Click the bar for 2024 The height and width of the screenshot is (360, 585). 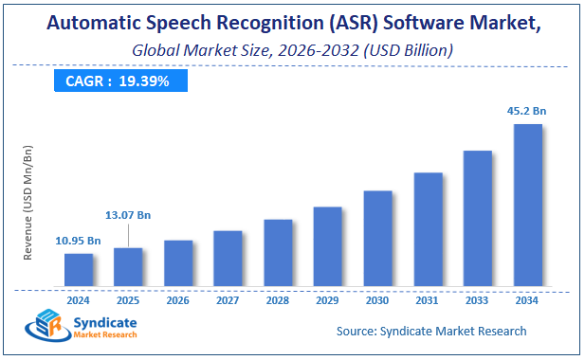[79, 269]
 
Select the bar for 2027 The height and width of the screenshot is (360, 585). [228, 258]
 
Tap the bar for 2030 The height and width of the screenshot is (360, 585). [377, 238]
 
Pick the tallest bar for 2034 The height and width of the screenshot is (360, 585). [527, 205]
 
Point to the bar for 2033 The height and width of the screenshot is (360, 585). [477, 218]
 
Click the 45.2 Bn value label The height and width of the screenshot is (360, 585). [526, 111]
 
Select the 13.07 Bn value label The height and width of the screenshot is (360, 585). [129, 215]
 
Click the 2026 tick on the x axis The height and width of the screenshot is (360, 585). [178, 300]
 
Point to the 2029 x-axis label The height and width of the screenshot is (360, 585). [327, 300]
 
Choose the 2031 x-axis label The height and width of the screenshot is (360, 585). [428, 300]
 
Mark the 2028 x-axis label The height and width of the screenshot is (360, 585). [278, 300]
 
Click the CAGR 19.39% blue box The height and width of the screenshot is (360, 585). [119, 81]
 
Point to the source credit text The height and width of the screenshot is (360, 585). [431, 331]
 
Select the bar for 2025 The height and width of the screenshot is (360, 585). [128, 266]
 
